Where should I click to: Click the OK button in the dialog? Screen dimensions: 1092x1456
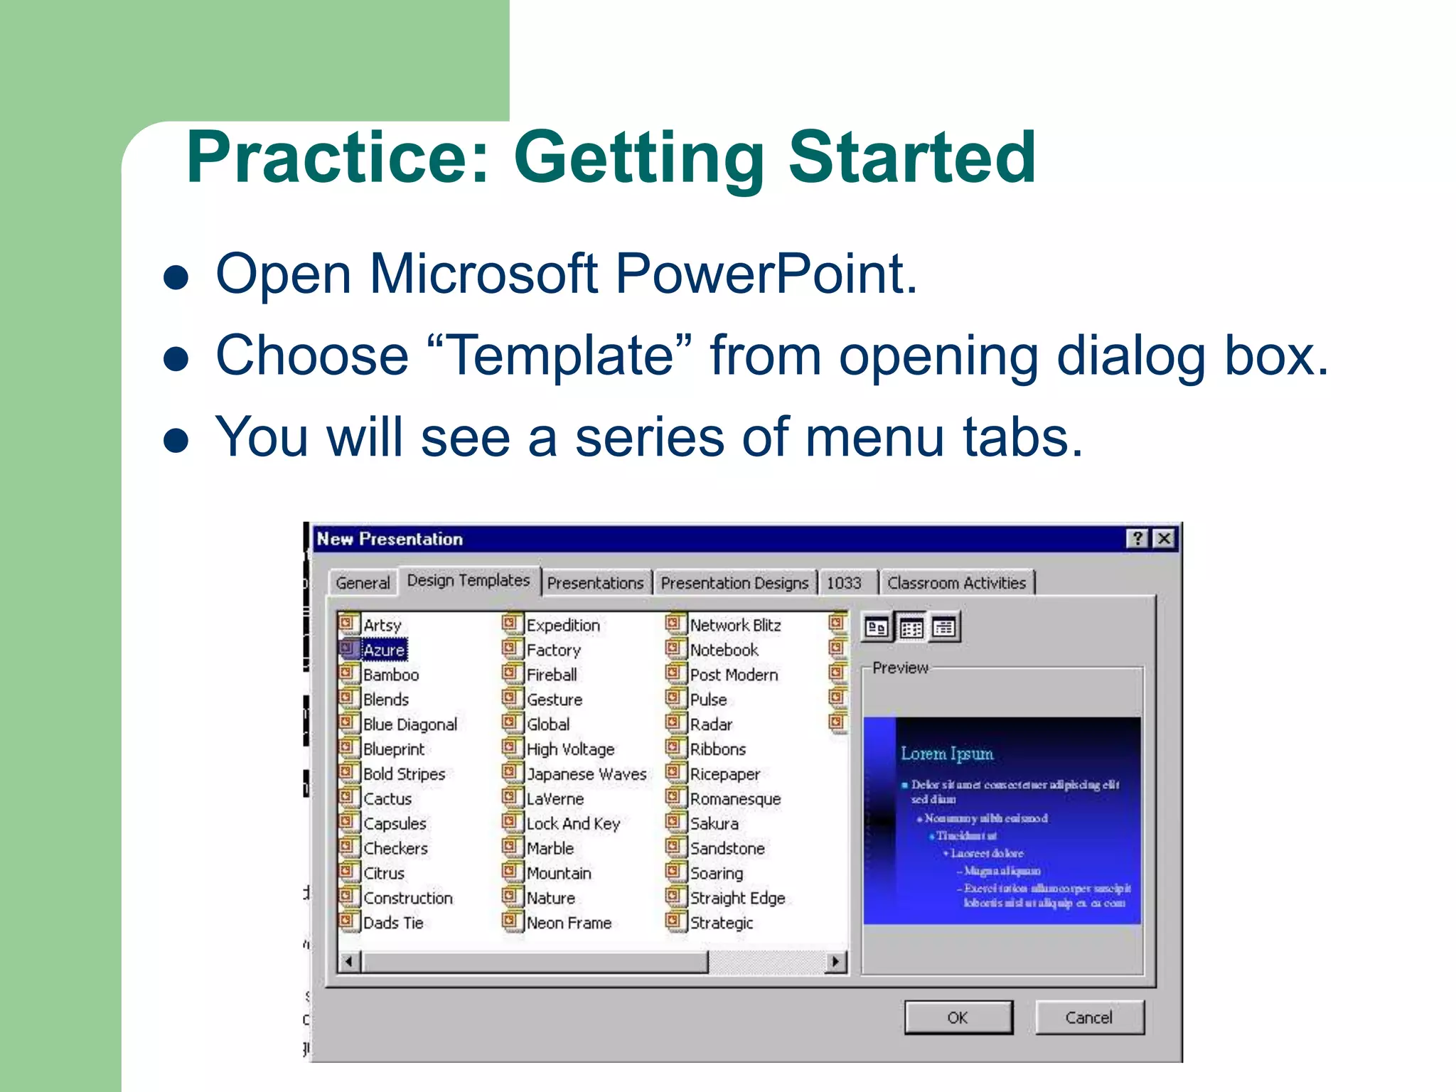[x=958, y=1017]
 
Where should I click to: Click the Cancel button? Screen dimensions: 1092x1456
[x=1088, y=1017]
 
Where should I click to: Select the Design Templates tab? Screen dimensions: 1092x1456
[x=468, y=581]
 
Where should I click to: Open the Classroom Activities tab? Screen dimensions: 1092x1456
[x=956, y=583]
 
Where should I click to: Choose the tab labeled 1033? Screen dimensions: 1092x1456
[x=844, y=583]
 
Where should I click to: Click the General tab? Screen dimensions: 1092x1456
[x=363, y=583]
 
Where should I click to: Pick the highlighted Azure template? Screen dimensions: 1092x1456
[x=384, y=650]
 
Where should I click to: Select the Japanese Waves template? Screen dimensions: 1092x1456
[x=586, y=773]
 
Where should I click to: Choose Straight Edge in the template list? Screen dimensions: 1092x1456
[x=737, y=898]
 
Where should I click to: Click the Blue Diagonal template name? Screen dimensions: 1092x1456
[x=409, y=724]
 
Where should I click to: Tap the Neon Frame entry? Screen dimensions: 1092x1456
[x=568, y=923]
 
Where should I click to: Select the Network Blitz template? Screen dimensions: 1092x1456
[x=734, y=625]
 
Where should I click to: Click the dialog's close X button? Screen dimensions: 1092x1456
[x=1164, y=539]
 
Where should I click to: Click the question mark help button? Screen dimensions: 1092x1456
[x=1137, y=539]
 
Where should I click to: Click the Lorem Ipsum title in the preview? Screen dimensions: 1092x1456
[x=946, y=754]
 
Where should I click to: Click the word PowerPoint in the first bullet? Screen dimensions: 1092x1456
[x=765, y=274]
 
